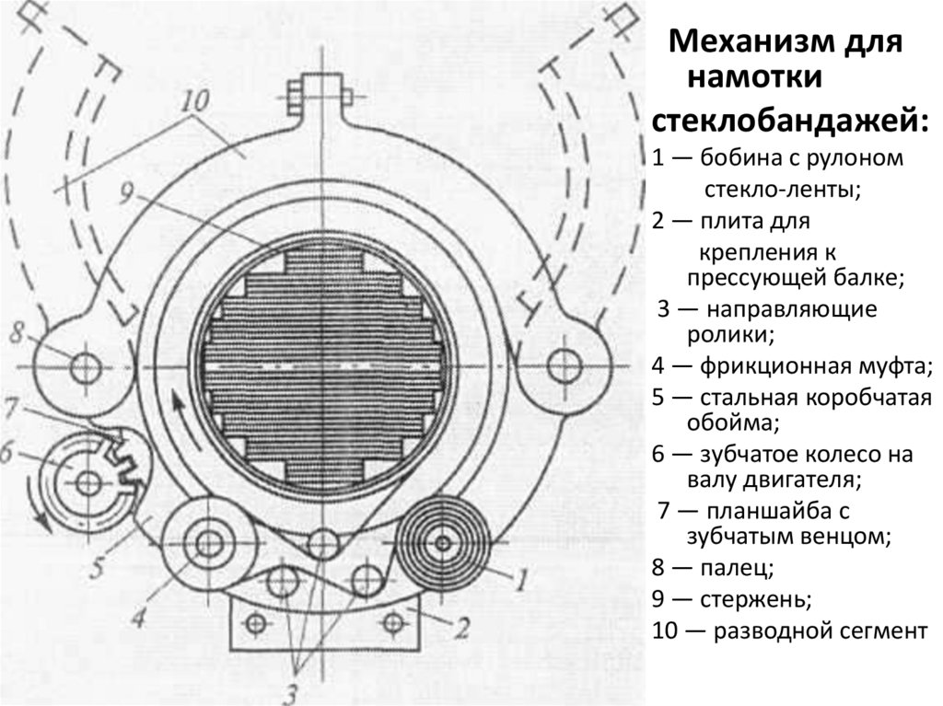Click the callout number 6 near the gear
[x=7, y=453]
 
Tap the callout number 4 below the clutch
[x=138, y=618]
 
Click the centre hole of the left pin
[x=87, y=366]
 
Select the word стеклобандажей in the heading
[x=788, y=120]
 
